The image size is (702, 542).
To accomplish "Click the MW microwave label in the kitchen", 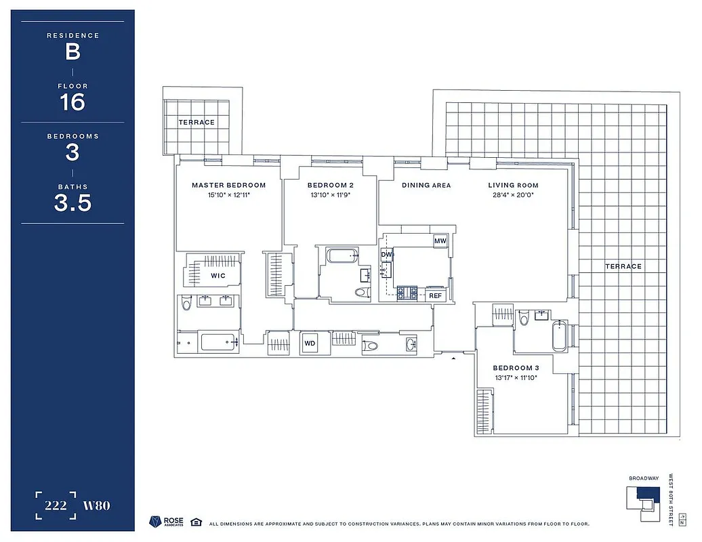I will click(x=440, y=241).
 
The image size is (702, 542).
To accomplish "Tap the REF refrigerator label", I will click(x=435, y=295).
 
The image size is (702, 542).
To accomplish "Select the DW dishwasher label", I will click(x=387, y=255).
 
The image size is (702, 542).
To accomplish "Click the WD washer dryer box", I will click(x=310, y=343).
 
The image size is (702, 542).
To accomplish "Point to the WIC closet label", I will click(x=218, y=276).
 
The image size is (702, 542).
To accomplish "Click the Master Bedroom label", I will click(x=228, y=185).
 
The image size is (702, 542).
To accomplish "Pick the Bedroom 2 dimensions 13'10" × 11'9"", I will click(x=330, y=195).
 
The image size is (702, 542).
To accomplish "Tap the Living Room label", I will click(x=513, y=185).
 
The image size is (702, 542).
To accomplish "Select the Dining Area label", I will click(x=426, y=185).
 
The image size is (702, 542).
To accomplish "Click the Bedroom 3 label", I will click(x=516, y=368).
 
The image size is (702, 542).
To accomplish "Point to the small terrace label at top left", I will click(x=197, y=123).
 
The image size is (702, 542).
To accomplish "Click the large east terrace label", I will click(x=623, y=266).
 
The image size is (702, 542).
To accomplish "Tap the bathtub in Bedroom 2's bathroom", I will click(x=342, y=256).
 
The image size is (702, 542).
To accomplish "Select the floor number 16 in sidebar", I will click(x=73, y=102).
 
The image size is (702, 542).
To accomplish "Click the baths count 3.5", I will click(x=73, y=203).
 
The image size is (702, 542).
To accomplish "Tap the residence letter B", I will click(x=73, y=51).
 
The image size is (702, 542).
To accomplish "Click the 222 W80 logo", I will click(x=73, y=505).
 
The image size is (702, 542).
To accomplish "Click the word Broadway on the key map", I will click(x=643, y=478).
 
